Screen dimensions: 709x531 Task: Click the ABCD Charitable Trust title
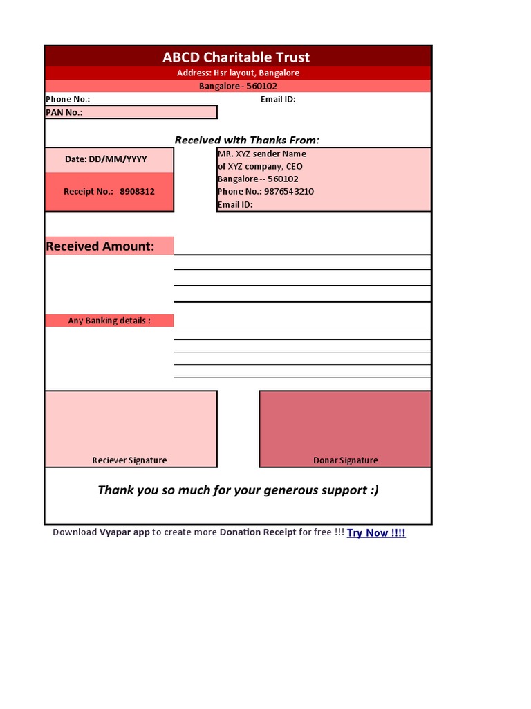(x=236, y=57)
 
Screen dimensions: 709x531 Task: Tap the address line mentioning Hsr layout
(x=238, y=73)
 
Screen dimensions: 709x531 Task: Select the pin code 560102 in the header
(x=262, y=86)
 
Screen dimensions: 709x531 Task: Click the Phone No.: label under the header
(x=68, y=99)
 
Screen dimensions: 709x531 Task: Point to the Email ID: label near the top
(x=278, y=99)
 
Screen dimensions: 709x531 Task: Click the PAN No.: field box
(x=131, y=112)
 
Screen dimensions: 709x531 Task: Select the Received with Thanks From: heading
(x=247, y=140)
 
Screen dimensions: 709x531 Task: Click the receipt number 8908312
(x=137, y=191)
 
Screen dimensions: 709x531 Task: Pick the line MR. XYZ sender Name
(x=262, y=154)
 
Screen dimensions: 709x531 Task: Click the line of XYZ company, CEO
(x=260, y=166)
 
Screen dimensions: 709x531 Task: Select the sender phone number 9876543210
(x=289, y=191)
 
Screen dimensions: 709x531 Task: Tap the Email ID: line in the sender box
(x=235, y=204)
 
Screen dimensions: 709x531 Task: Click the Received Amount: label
(x=100, y=246)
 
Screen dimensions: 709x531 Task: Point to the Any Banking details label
(x=109, y=321)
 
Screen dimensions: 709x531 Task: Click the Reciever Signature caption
(x=129, y=460)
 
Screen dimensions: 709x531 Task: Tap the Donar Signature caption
(x=346, y=460)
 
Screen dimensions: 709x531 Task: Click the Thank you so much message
(x=238, y=490)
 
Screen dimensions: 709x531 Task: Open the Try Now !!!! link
(x=376, y=532)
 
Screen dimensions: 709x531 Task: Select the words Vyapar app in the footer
(x=124, y=532)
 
